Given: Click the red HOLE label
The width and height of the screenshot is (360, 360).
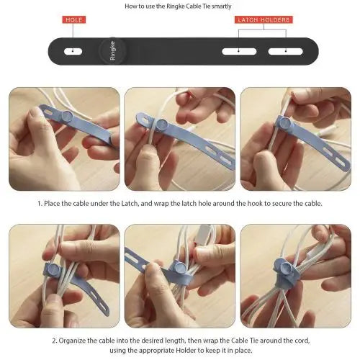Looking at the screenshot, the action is [x=74, y=19].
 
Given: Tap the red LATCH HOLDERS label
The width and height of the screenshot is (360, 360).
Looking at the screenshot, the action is [x=264, y=19].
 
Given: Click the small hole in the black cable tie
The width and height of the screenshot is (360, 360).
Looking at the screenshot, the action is [x=73, y=51].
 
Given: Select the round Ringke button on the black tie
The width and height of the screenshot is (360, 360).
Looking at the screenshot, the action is [x=112, y=50].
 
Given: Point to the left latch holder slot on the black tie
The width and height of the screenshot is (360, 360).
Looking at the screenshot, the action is [x=239, y=51].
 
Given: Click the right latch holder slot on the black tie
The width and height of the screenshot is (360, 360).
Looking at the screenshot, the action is [x=286, y=51].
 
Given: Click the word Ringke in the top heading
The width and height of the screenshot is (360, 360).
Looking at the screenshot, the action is [x=176, y=6].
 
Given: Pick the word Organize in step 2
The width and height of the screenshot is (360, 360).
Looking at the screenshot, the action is [x=72, y=341].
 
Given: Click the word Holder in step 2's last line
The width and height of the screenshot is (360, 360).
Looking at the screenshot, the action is [x=186, y=351].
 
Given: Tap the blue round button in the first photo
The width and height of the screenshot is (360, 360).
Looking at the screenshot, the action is [x=66, y=116].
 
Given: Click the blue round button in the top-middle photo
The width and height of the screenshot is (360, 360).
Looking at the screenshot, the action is [x=162, y=125].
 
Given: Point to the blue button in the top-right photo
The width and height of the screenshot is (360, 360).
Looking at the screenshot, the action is [x=285, y=122].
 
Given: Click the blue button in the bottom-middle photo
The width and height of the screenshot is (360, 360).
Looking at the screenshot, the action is [x=179, y=267].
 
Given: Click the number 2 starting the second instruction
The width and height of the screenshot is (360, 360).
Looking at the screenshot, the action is [x=54, y=341].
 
